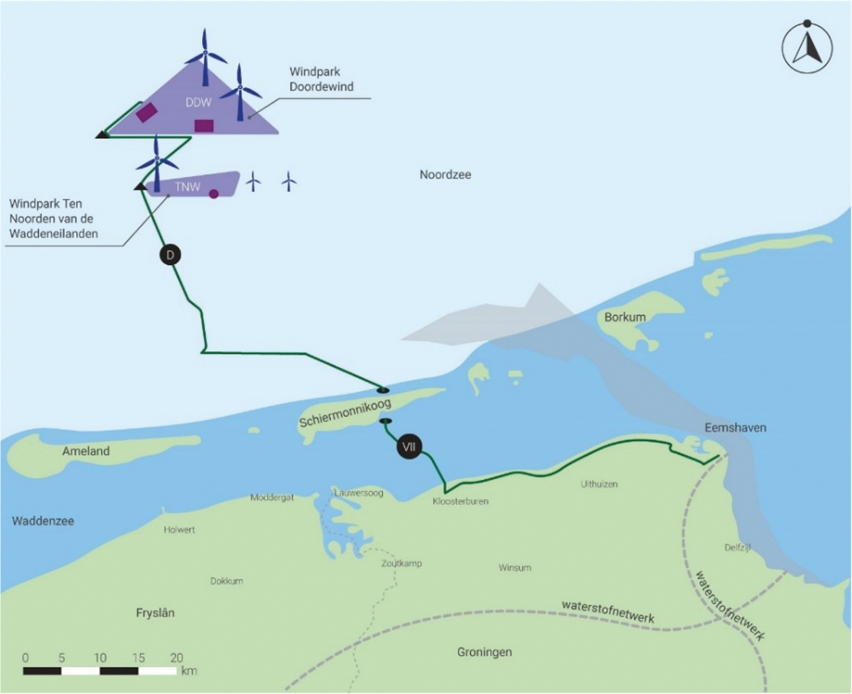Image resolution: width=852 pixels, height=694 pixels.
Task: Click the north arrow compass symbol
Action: tap(807, 47)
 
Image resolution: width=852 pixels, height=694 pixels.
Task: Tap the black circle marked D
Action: tap(170, 255)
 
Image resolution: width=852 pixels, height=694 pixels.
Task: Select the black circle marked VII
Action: tap(408, 447)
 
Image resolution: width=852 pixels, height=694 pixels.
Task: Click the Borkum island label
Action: tap(624, 317)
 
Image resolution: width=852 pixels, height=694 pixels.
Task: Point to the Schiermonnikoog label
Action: tap(345, 413)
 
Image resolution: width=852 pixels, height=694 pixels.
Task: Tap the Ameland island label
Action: tap(86, 451)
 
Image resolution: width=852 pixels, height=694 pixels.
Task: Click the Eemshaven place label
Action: tap(736, 428)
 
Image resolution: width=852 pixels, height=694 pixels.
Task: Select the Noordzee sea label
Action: tap(445, 175)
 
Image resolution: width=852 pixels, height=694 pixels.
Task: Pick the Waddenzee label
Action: tap(43, 520)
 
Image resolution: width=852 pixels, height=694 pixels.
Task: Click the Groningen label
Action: tap(484, 652)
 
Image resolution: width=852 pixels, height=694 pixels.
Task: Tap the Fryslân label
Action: tap(155, 613)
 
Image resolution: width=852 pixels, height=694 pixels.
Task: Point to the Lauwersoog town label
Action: tap(359, 493)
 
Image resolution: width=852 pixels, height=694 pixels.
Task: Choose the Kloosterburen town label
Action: tap(461, 502)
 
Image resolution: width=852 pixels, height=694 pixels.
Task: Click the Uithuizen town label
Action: tap(599, 484)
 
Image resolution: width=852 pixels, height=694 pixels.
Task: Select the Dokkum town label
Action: tap(226, 581)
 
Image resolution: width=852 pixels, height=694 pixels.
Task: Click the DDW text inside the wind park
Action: tap(198, 102)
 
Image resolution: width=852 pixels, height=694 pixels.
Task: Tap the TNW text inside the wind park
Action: tap(188, 186)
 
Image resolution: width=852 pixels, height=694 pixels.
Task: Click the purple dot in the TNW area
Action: tap(213, 194)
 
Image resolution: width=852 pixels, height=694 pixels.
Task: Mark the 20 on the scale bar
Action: tap(177, 657)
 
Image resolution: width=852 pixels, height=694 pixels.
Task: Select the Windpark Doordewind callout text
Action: tap(322, 79)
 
